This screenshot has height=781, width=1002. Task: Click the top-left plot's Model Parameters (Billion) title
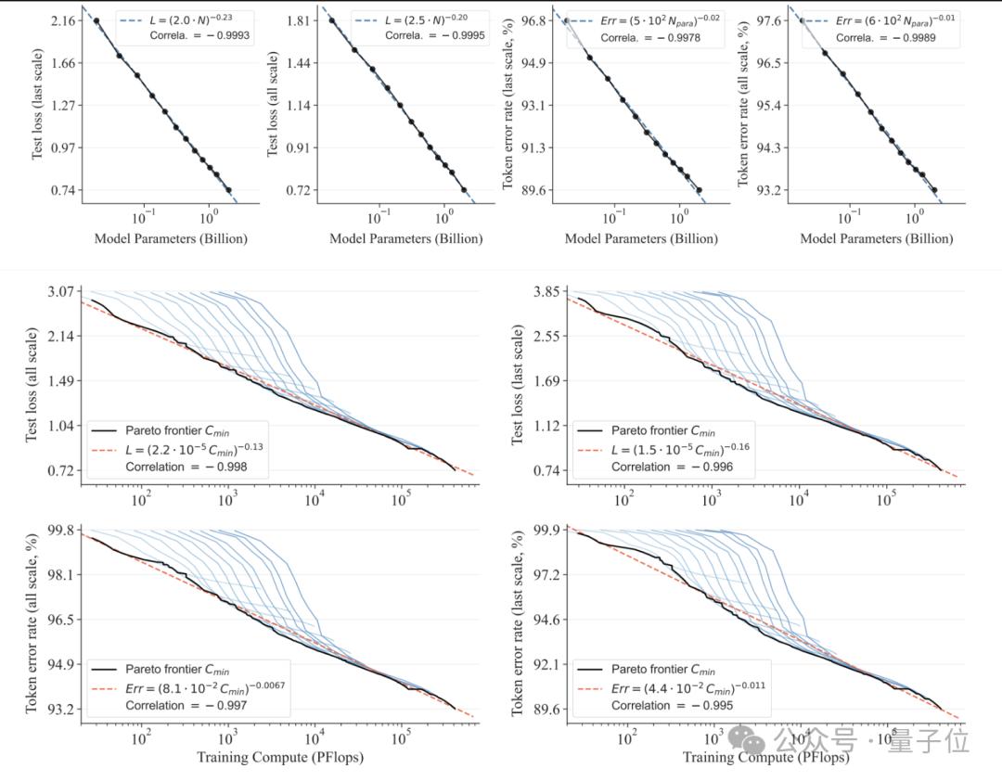click(x=171, y=238)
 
